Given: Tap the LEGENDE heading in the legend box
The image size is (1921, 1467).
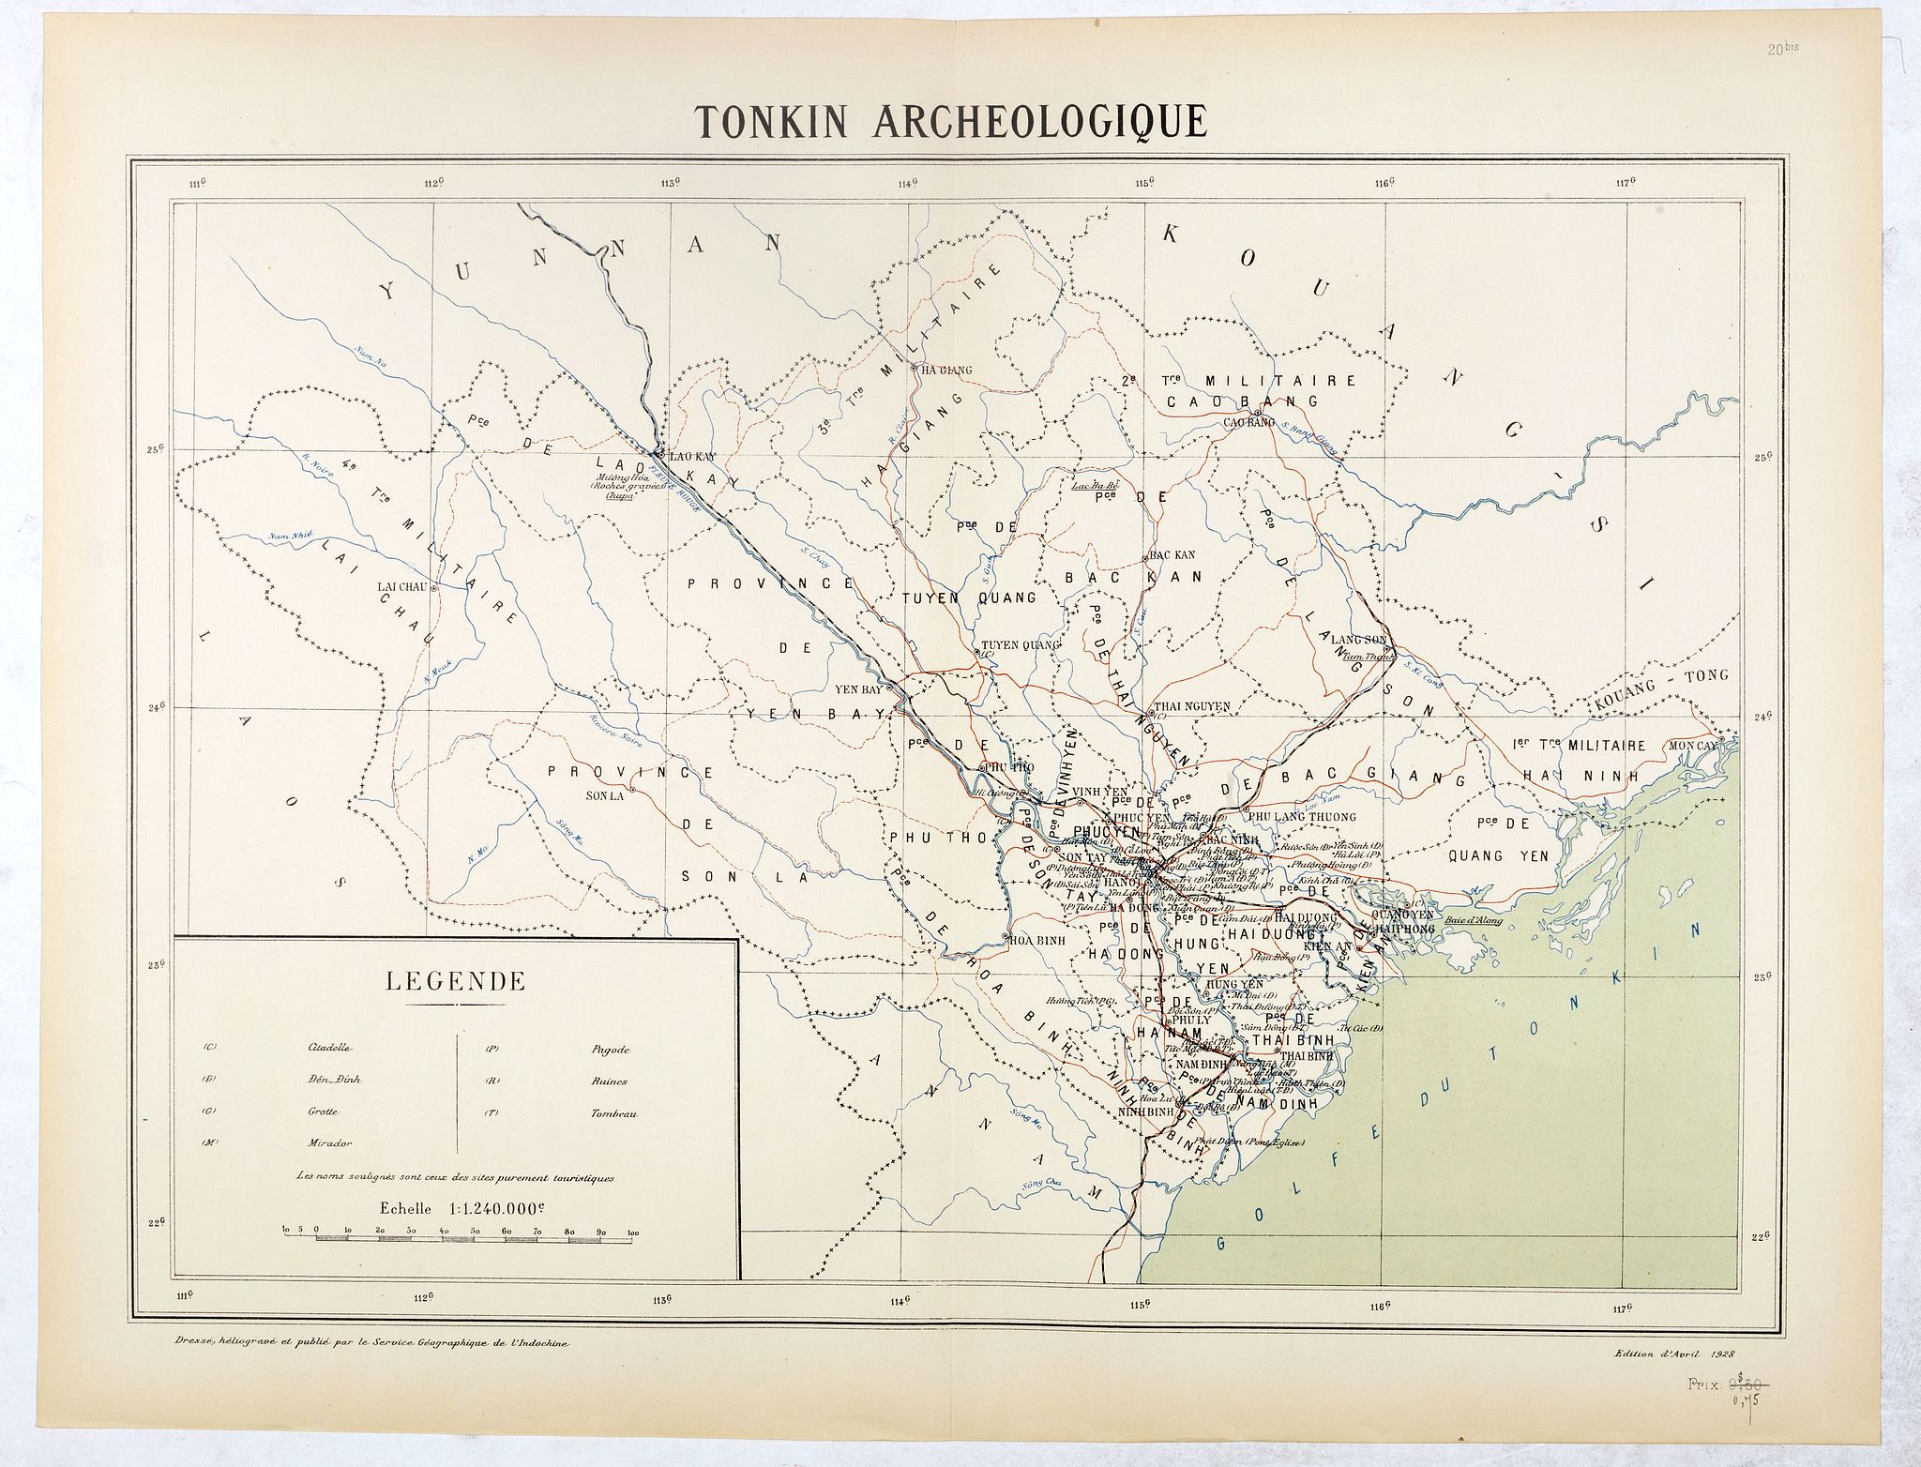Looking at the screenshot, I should click(455, 982).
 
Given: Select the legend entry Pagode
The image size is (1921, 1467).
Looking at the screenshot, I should click(609, 1050).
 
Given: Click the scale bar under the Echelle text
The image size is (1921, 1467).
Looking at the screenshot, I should click(460, 1237).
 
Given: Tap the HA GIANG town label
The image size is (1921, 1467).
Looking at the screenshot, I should click(943, 370).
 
